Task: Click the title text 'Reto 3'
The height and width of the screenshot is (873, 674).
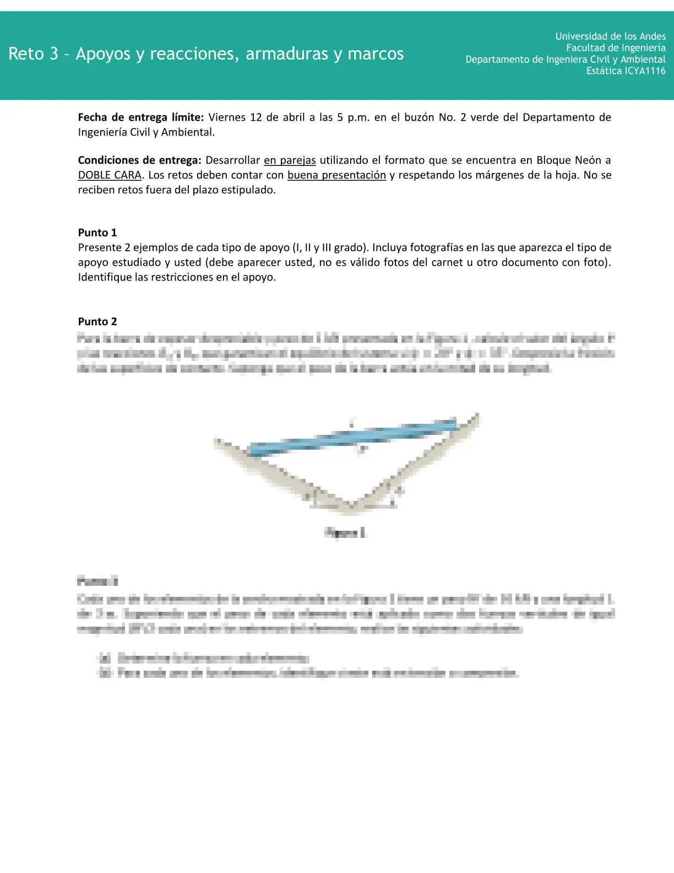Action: (x=33, y=54)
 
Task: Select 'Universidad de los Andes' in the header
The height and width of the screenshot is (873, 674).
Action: (x=610, y=36)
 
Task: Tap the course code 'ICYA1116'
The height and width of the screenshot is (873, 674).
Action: (x=645, y=71)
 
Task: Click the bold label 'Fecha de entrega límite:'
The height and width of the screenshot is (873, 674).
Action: (x=141, y=117)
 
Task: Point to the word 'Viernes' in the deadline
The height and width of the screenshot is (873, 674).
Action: (x=227, y=117)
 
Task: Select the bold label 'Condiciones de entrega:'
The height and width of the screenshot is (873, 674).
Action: (x=139, y=160)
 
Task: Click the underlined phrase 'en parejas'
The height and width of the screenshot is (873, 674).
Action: (x=290, y=160)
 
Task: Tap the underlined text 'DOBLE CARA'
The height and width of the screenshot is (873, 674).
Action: (x=110, y=175)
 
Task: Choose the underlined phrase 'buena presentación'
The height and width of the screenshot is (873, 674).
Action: (x=336, y=175)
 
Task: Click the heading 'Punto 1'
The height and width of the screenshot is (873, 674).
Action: (x=97, y=233)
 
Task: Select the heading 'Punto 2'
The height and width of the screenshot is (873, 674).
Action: (x=97, y=322)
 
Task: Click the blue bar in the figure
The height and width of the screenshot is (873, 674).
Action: (x=352, y=438)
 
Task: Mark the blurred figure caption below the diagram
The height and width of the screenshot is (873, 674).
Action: (x=346, y=532)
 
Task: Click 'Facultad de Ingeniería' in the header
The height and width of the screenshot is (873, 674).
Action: (x=616, y=48)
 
